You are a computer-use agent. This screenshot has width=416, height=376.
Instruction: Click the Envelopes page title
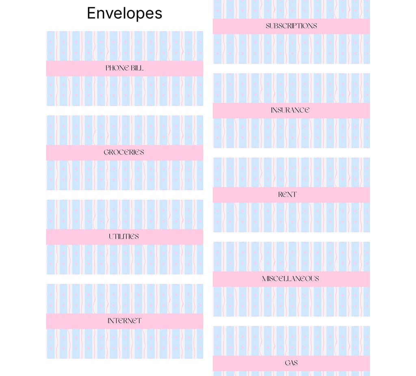(124, 13)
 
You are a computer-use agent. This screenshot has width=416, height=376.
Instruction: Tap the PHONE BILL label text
(124, 68)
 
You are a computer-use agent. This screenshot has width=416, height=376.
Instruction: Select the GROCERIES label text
(124, 152)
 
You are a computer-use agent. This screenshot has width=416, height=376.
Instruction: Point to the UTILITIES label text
(124, 237)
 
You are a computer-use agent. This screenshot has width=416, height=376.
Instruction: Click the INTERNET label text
(124, 321)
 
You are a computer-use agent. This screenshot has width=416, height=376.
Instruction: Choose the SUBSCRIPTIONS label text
(291, 26)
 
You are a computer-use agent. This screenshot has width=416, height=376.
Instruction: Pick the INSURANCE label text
(290, 110)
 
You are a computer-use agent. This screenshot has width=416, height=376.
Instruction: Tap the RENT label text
(287, 194)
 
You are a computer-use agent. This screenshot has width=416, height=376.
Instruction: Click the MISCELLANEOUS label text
(290, 279)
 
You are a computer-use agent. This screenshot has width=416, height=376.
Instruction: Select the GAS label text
(291, 363)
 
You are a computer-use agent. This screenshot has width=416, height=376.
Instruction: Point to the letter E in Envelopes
(91, 13)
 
